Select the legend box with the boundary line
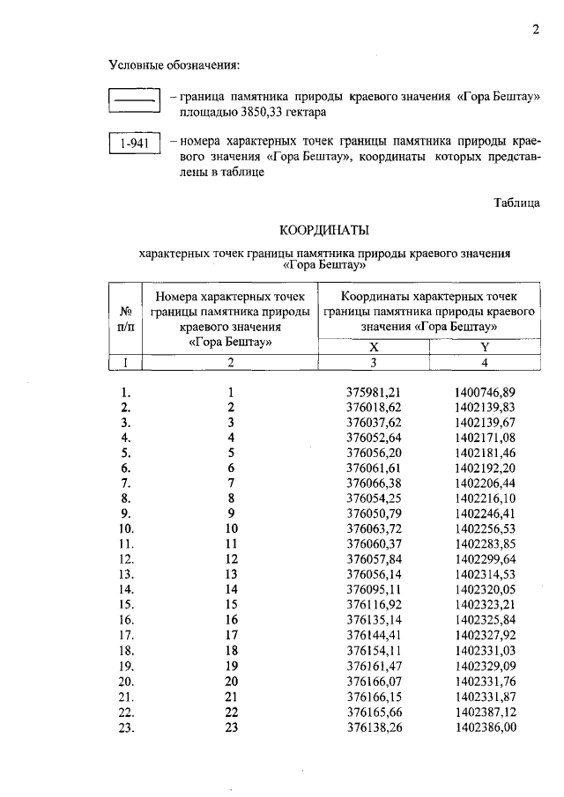pyautogui.click(x=132, y=100)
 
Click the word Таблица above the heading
pyautogui.click(x=516, y=203)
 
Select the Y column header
pyautogui.click(x=484, y=347)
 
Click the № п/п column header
pyautogui.click(x=125, y=318)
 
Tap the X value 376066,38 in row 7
pyautogui.click(x=373, y=483)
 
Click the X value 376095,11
pyautogui.click(x=373, y=589)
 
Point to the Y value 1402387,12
pyautogui.click(x=485, y=711)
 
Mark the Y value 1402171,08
pyautogui.click(x=485, y=438)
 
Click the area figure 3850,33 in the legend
pyautogui.click(x=258, y=114)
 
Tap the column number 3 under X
pyautogui.click(x=373, y=362)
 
